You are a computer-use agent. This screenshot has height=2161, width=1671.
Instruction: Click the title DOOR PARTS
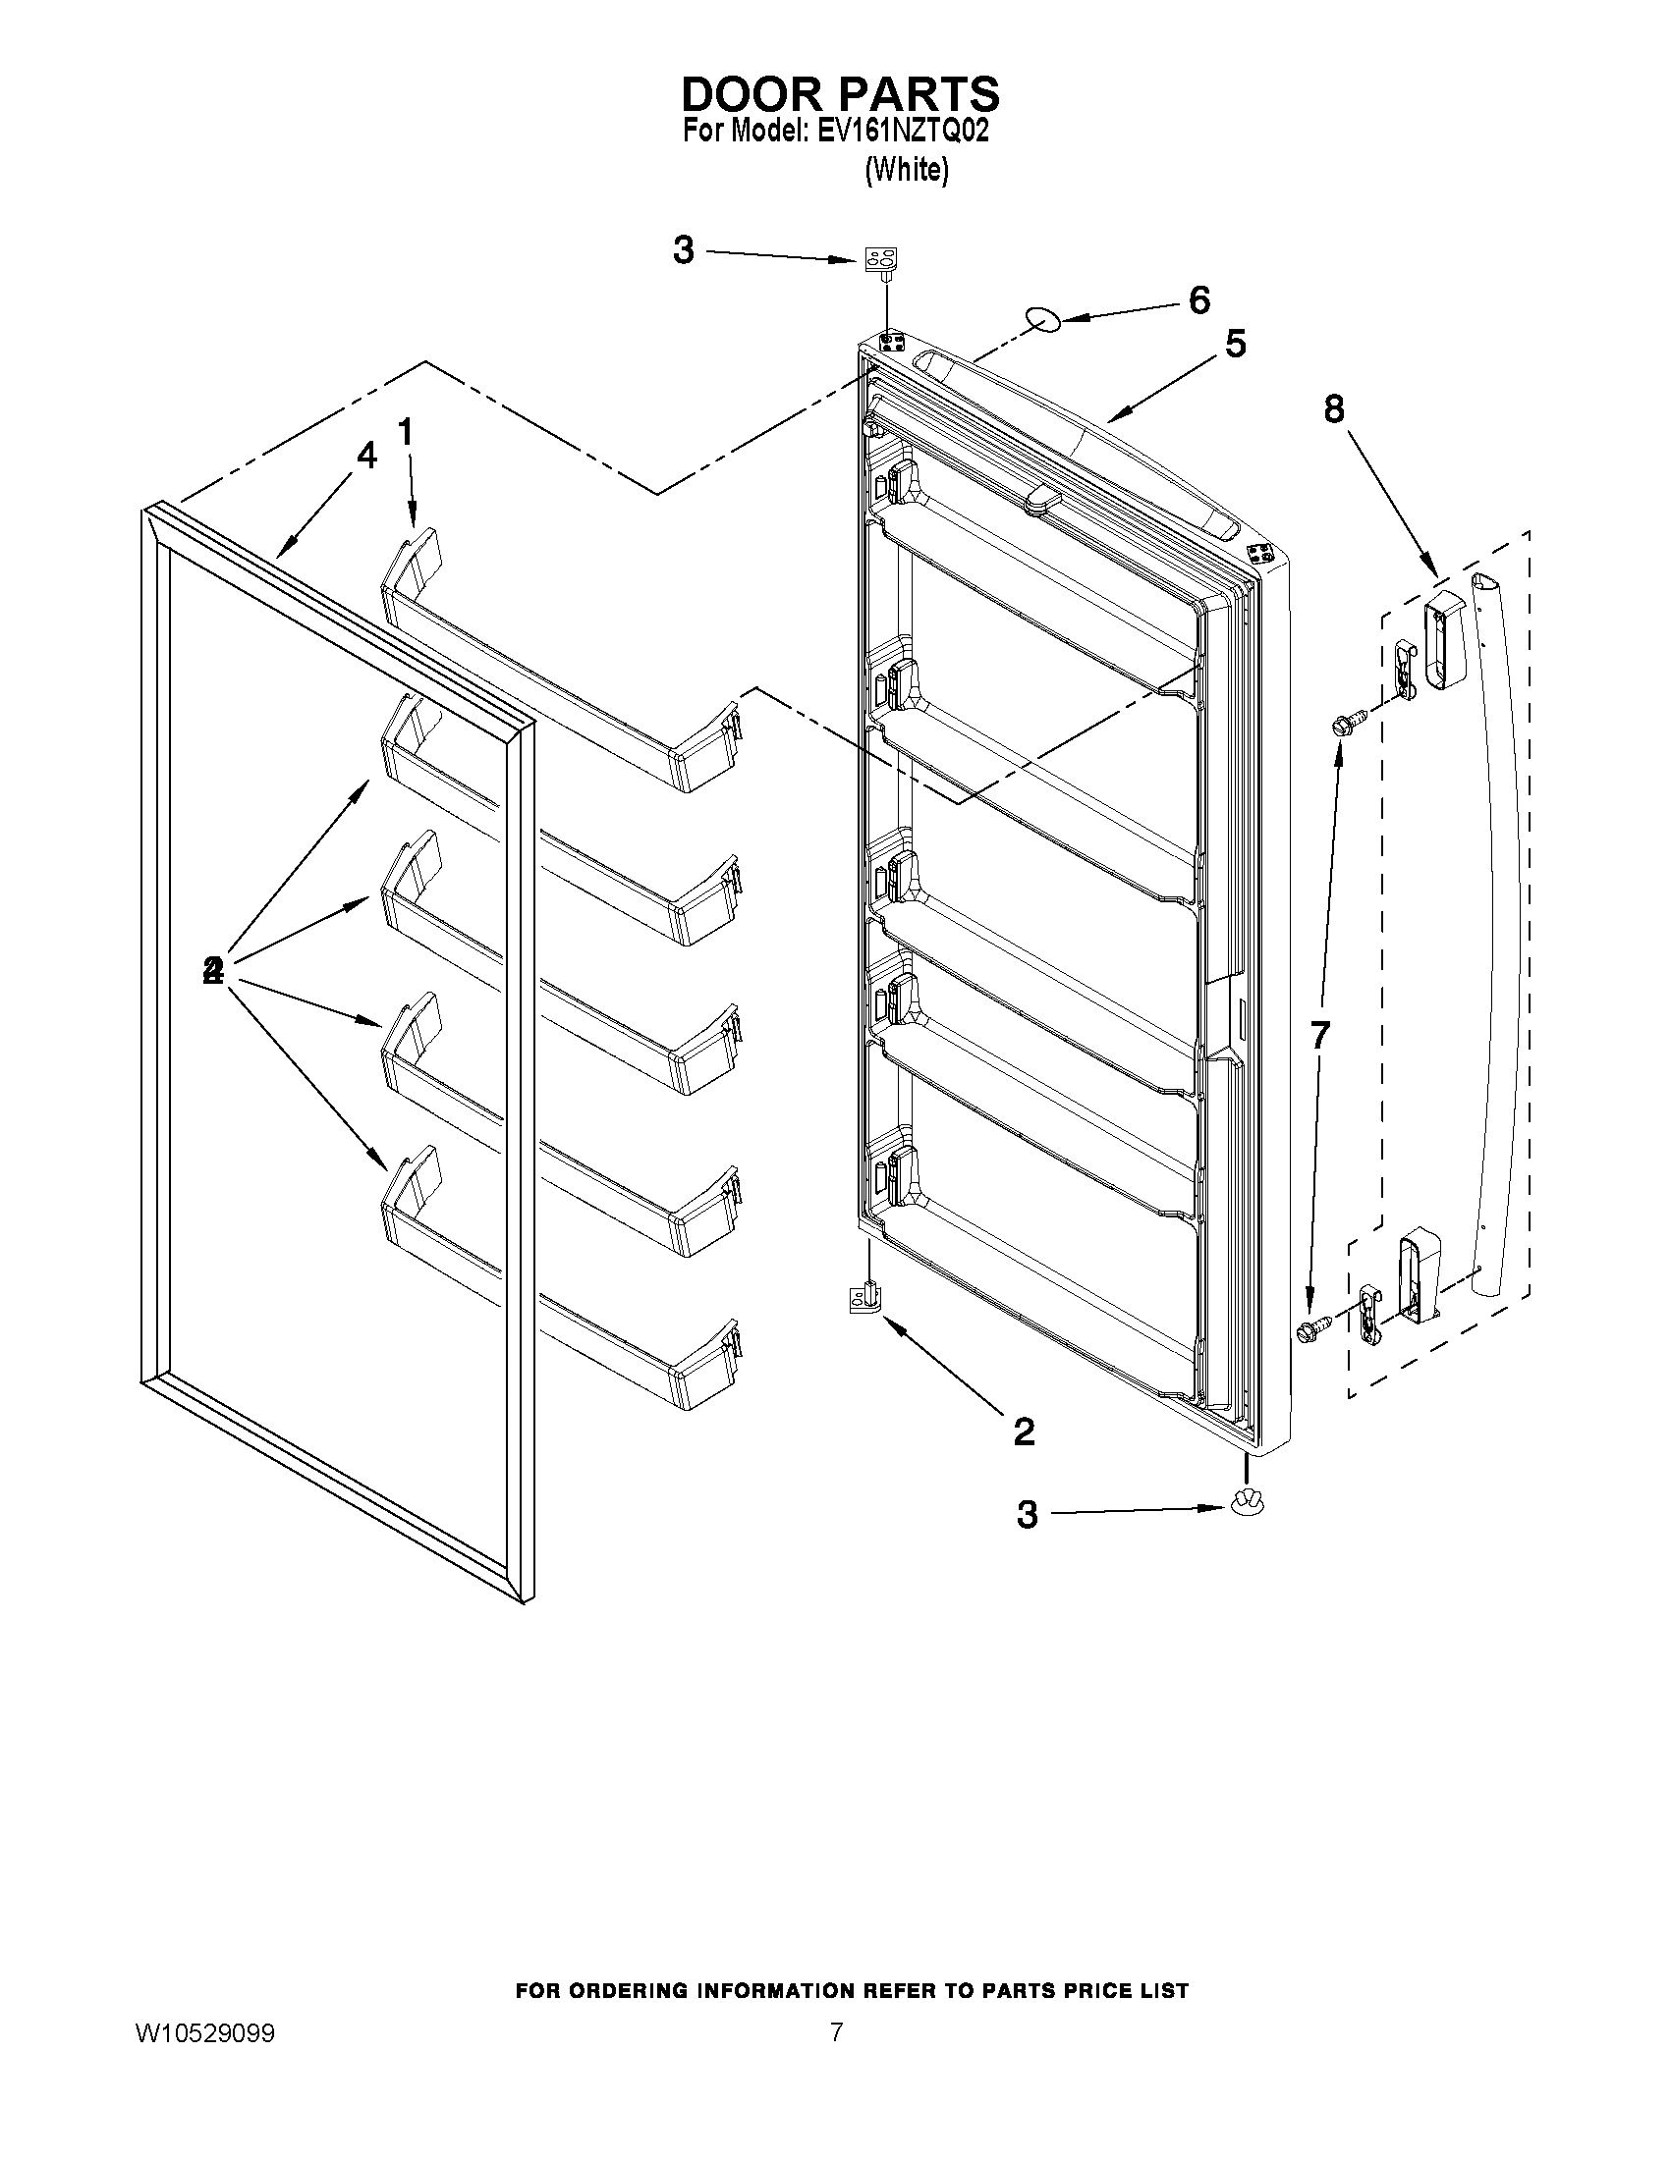841,94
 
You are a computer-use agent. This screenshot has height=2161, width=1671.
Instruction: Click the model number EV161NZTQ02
902,132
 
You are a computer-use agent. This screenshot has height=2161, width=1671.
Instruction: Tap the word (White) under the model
906,170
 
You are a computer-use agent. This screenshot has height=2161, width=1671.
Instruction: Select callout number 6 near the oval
1198,299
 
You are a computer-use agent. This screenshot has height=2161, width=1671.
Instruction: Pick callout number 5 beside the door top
1236,345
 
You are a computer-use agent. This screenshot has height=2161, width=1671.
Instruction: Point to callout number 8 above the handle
1334,408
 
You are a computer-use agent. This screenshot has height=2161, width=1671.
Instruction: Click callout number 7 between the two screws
1319,1035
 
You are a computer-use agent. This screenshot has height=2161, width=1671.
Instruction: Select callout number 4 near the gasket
366,457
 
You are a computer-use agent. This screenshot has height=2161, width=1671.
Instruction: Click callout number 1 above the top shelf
405,432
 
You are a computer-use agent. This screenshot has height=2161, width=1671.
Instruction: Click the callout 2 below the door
1024,1431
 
